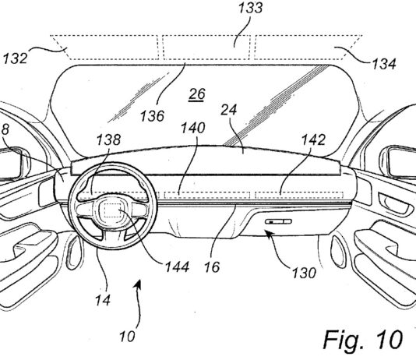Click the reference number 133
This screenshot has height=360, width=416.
(x=250, y=8)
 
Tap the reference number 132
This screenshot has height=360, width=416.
(x=15, y=58)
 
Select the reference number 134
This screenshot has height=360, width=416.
(x=384, y=64)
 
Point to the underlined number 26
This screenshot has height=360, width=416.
(x=196, y=95)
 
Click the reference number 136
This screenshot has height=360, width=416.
(x=152, y=116)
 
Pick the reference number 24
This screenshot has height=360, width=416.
(x=229, y=109)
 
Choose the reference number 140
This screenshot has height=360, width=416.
(x=193, y=128)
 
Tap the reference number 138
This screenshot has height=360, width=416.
(x=108, y=139)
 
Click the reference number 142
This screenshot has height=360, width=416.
(x=313, y=139)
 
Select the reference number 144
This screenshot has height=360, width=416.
(x=177, y=266)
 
